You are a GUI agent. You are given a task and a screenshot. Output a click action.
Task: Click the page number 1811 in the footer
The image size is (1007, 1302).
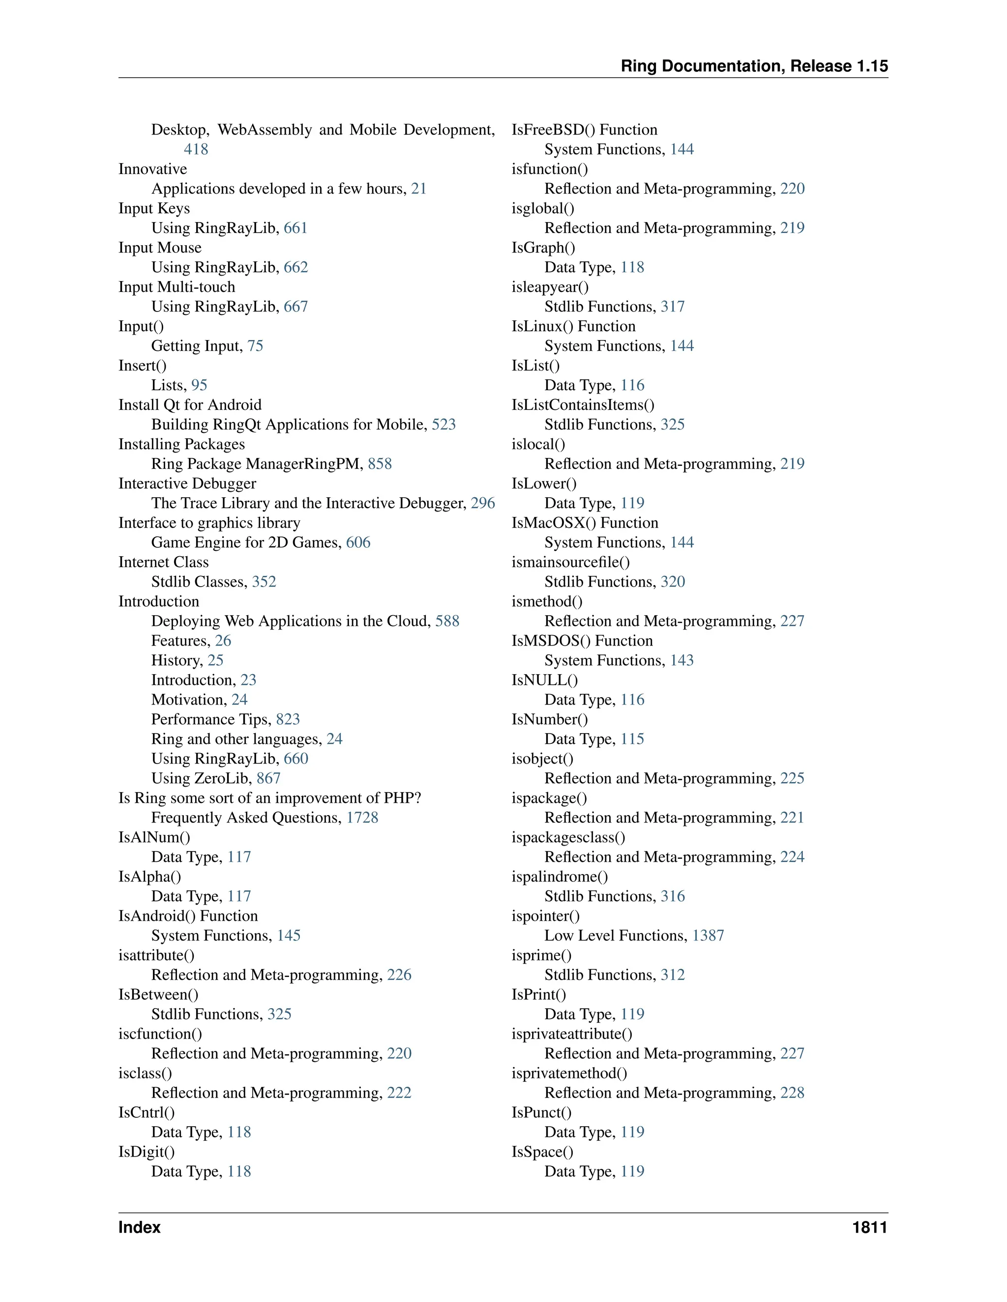(869, 1227)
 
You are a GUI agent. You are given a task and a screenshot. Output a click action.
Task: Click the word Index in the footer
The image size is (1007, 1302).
(139, 1227)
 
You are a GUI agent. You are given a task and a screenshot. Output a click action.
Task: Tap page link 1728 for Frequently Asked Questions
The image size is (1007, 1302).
(362, 818)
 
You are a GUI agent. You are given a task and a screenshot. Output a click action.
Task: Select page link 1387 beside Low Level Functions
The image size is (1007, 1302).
(708, 935)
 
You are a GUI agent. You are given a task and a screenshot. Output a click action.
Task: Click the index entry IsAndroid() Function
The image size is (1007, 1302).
(188, 916)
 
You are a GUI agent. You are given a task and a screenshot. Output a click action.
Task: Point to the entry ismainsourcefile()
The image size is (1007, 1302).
(570, 562)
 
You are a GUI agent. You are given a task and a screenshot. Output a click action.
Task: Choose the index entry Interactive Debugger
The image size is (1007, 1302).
(187, 483)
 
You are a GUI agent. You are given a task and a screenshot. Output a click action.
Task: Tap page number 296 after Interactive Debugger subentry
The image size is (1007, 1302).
(483, 503)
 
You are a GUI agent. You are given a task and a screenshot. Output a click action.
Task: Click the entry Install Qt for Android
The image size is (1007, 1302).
(190, 405)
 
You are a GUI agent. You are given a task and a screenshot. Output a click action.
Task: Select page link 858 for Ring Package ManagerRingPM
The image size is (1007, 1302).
(380, 464)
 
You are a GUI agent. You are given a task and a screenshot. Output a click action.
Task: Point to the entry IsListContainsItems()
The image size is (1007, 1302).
(583, 405)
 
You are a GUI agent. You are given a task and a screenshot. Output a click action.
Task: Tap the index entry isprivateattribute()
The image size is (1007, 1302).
(571, 1034)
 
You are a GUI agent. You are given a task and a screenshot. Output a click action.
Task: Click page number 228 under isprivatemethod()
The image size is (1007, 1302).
(792, 1093)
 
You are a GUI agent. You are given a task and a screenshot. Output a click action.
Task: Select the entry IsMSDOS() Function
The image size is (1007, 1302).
(582, 641)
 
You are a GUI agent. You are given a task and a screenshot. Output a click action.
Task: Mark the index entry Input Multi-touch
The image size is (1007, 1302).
(177, 287)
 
